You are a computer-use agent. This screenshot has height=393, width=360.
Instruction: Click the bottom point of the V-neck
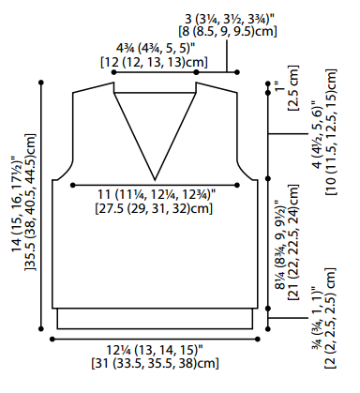point(155,180)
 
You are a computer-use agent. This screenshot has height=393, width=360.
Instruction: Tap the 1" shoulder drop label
point(281,85)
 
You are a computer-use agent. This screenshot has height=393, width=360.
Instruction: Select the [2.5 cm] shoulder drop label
point(293,88)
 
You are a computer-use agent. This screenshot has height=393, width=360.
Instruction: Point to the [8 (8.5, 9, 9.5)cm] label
point(228,32)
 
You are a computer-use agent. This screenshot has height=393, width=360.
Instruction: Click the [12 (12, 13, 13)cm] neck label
point(154,62)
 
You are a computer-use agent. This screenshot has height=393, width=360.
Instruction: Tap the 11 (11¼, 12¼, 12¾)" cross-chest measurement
point(157,194)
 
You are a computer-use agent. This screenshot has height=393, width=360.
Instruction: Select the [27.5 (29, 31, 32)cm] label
point(154,208)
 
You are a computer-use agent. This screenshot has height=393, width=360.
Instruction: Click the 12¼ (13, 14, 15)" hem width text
point(155,350)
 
